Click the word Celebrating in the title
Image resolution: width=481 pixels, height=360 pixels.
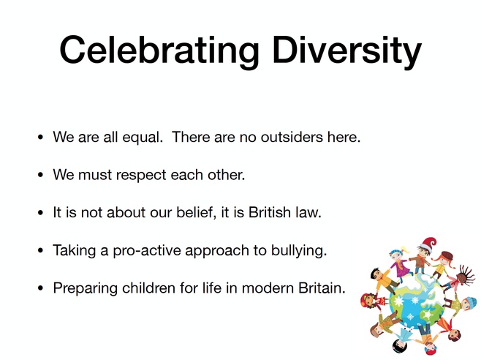[159, 50]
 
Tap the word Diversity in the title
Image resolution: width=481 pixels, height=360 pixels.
[347, 50]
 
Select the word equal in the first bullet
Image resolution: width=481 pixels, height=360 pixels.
[143, 138]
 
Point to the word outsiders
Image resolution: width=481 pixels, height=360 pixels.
[292, 137]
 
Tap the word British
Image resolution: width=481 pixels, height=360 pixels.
[270, 212]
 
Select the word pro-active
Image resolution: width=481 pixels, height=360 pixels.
[147, 251]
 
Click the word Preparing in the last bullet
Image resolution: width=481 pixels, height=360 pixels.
[86, 289]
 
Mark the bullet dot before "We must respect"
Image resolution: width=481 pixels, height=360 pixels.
[40, 175]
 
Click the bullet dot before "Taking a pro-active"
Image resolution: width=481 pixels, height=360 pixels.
[40, 251]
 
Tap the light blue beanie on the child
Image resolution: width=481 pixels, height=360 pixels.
[468, 301]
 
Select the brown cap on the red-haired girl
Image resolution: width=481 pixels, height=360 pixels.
[447, 255]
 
